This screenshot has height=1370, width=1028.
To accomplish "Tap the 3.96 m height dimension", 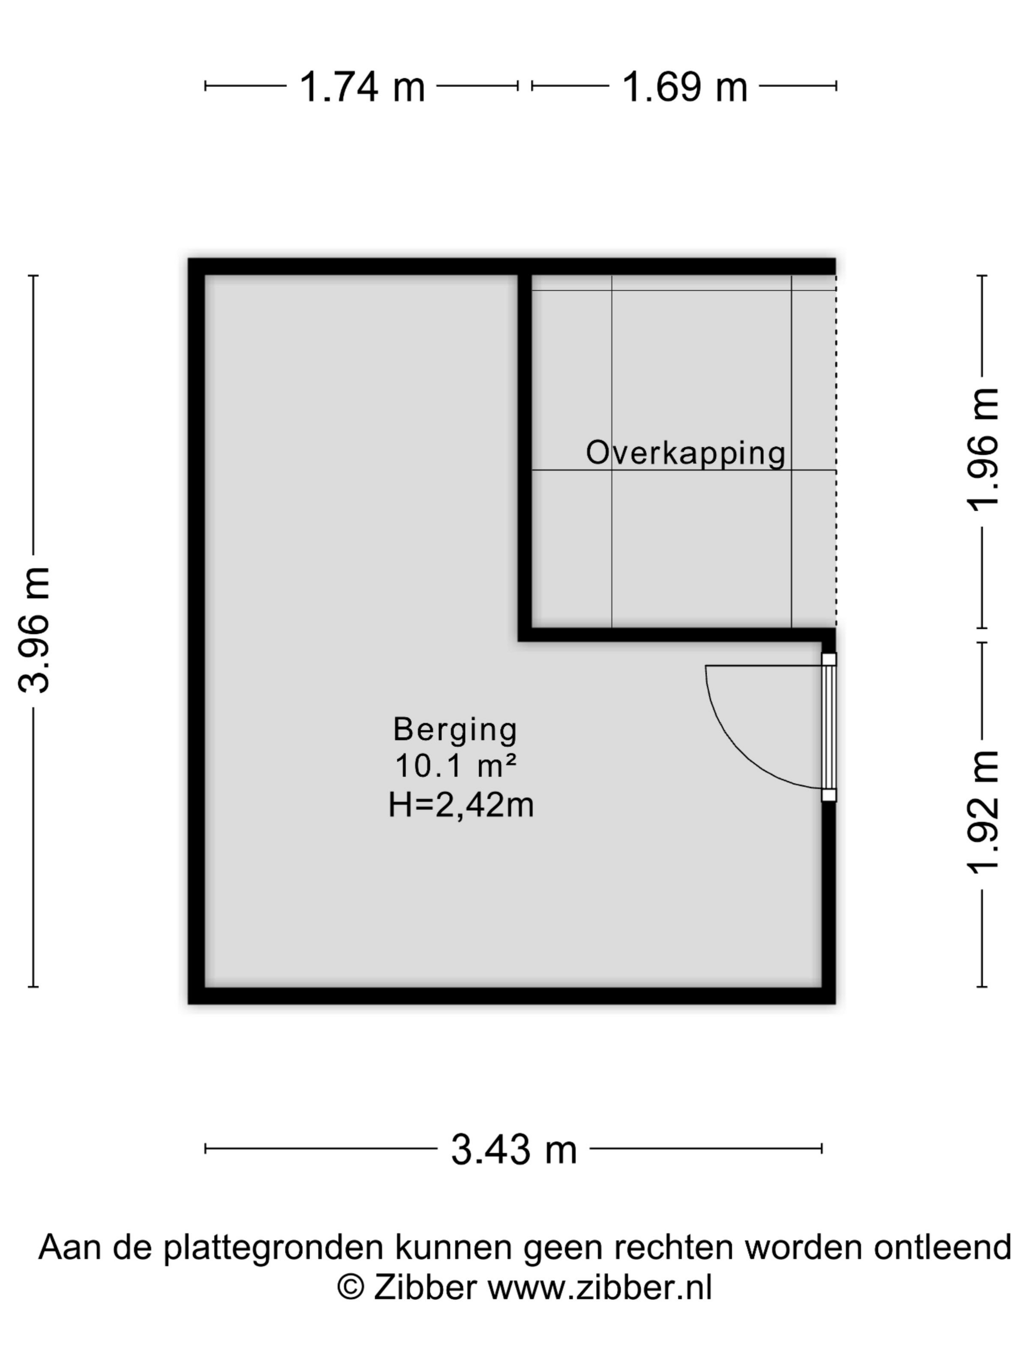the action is [33, 629].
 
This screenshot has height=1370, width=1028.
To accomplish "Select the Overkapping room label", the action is [685, 454].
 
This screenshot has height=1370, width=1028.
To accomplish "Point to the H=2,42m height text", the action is [461, 806].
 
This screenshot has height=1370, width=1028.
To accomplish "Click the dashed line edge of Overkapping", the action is [836, 452].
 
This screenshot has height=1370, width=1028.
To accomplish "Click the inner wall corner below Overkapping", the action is [525, 635].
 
